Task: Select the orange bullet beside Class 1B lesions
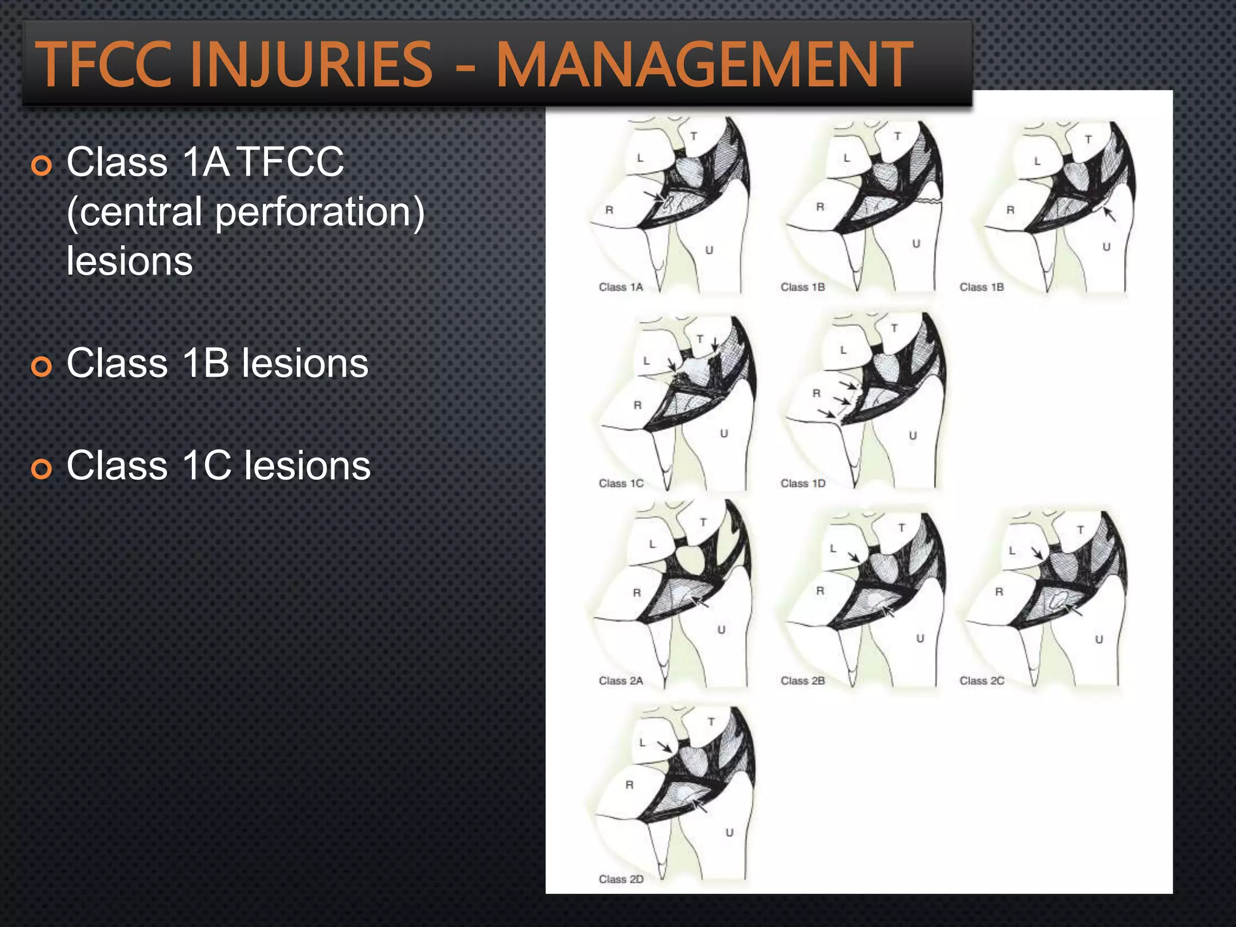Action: point(42,366)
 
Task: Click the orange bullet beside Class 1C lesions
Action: point(42,468)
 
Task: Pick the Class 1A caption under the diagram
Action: point(620,287)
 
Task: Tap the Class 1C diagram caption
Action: point(620,483)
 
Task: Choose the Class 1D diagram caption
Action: point(803,483)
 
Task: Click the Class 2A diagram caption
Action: point(620,681)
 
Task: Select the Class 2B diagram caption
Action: point(803,681)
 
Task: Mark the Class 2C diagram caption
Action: point(982,681)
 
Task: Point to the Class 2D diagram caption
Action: point(620,879)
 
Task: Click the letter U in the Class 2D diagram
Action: point(729,833)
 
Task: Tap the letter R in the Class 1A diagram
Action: point(609,210)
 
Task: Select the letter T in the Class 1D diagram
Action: point(894,328)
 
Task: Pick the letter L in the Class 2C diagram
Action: point(1012,550)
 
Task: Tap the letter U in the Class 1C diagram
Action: point(724,433)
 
